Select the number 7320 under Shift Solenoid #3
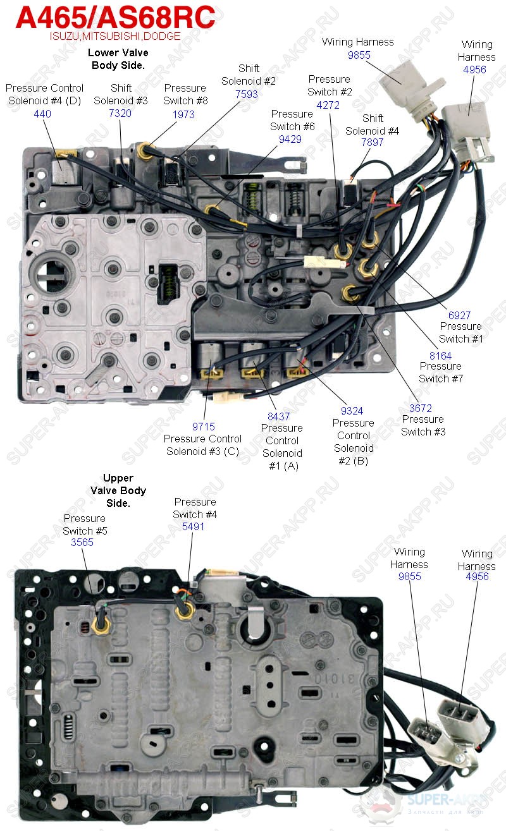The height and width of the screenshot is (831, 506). tap(120, 113)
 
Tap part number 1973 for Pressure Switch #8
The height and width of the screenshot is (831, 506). tap(183, 114)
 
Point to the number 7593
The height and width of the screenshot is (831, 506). tap(246, 94)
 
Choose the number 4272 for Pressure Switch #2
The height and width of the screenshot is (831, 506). tap(328, 105)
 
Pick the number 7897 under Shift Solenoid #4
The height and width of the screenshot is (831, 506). tap(372, 143)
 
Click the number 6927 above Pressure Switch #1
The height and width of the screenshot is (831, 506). tap(460, 315)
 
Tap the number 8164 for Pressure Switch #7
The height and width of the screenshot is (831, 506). tap(440, 355)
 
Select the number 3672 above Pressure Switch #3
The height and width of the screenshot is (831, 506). tap(420, 408)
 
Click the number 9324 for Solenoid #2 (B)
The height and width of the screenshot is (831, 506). tap(352, 411)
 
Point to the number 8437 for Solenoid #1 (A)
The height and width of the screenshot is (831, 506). tap(279, 416)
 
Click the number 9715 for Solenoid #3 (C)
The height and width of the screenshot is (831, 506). tap(204, 427)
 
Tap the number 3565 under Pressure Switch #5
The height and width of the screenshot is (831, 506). tap(83, 542)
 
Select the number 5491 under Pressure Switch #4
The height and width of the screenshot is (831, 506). tap(193, 526)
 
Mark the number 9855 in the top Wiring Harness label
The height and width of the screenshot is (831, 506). tap(359, 54)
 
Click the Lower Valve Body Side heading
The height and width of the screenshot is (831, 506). tap(118, 59)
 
